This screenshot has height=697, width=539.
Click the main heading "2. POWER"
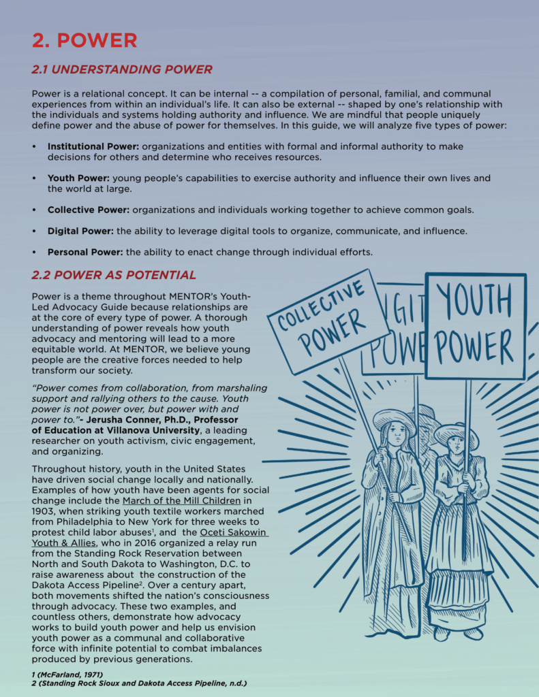84,40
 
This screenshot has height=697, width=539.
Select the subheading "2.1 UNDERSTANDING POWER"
122,69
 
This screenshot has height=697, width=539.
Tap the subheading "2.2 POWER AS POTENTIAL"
114,275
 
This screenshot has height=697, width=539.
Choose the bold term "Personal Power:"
85,252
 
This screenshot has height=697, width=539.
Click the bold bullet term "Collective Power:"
89,210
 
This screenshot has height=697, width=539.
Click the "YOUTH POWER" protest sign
475,323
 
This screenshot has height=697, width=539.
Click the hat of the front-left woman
395,417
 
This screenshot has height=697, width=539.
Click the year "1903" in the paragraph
45,511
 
